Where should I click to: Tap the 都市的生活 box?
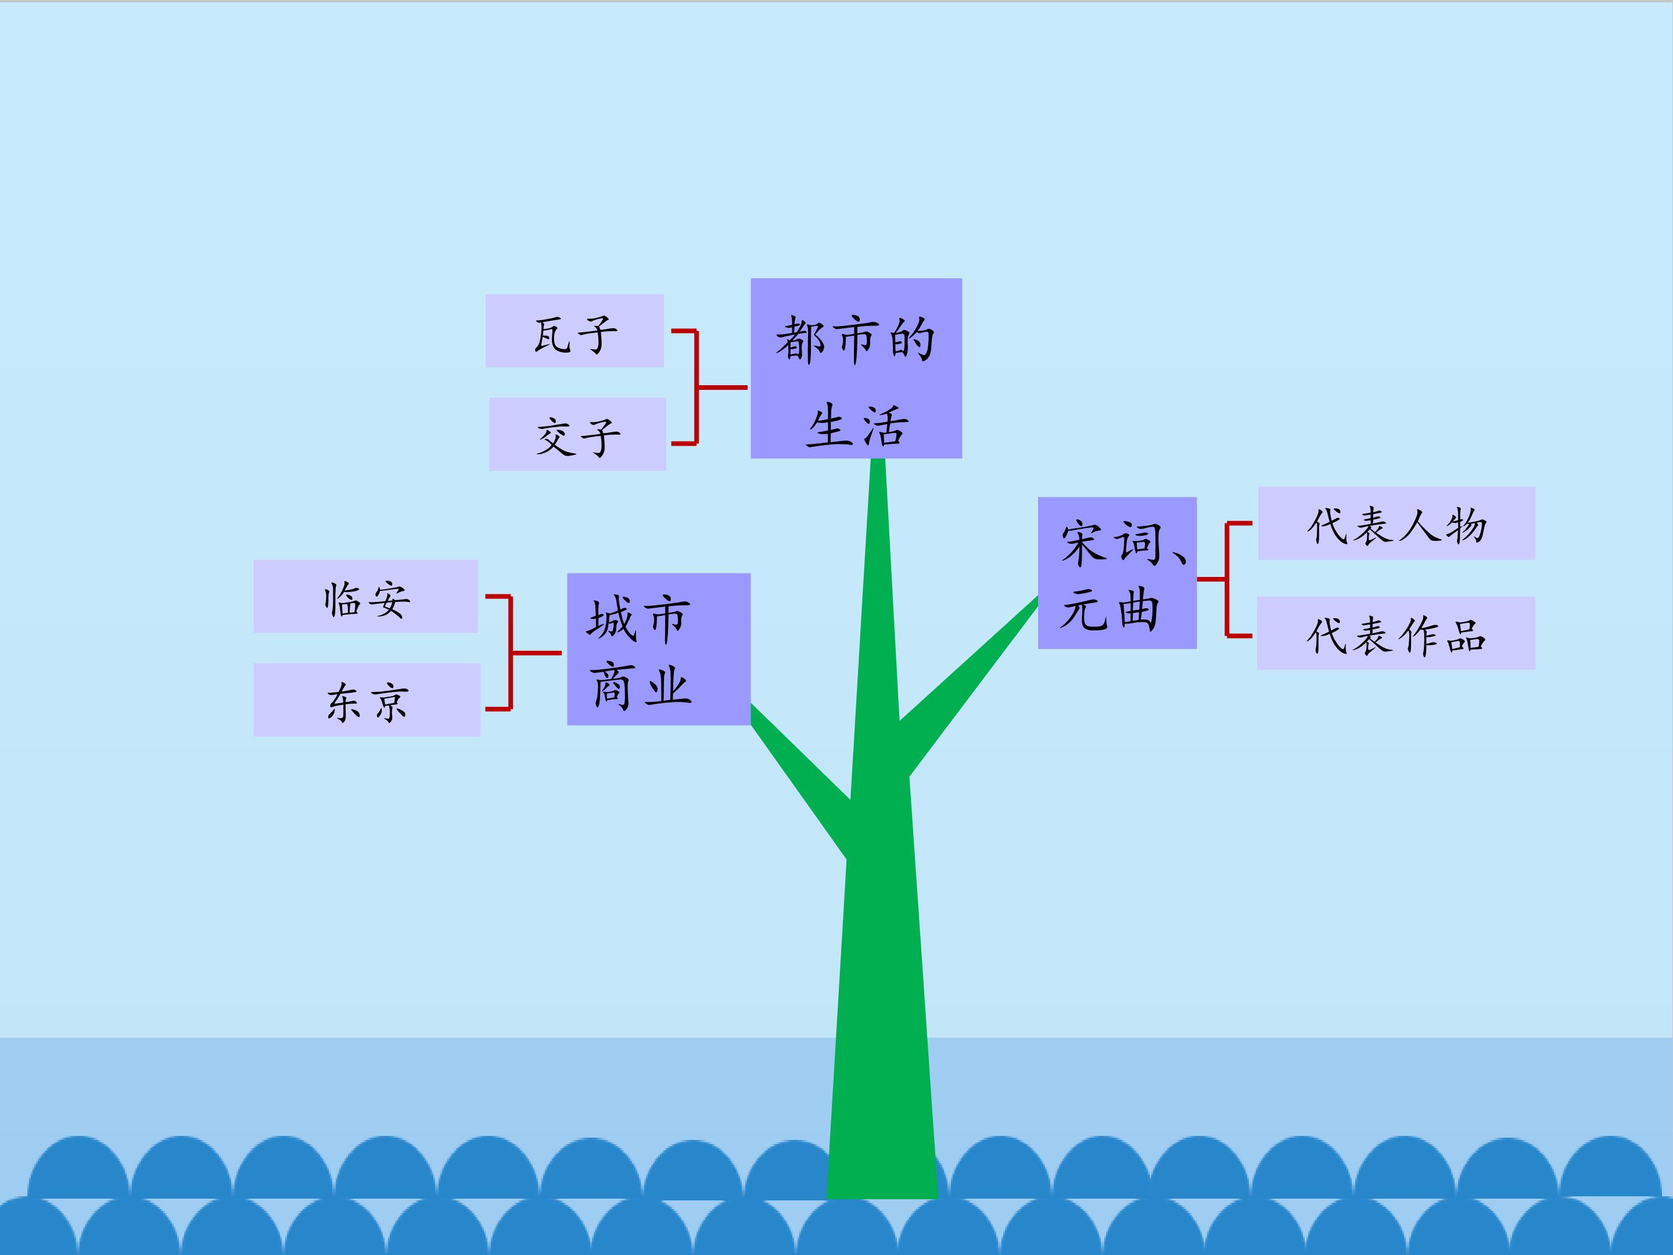coord(856,368)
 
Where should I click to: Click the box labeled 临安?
coord(365,596)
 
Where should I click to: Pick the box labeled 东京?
coord(366,700)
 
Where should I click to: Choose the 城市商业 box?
coord(658,649)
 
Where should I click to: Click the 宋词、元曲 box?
coord(1116,573)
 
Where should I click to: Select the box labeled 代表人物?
coord(1396,523)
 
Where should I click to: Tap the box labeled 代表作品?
coord(1395,632)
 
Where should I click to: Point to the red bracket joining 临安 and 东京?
coord(512,652)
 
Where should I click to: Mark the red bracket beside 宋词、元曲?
coord(1227,579)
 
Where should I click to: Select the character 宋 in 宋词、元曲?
coord(1085,543)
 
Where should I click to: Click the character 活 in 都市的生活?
coord(884,425)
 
